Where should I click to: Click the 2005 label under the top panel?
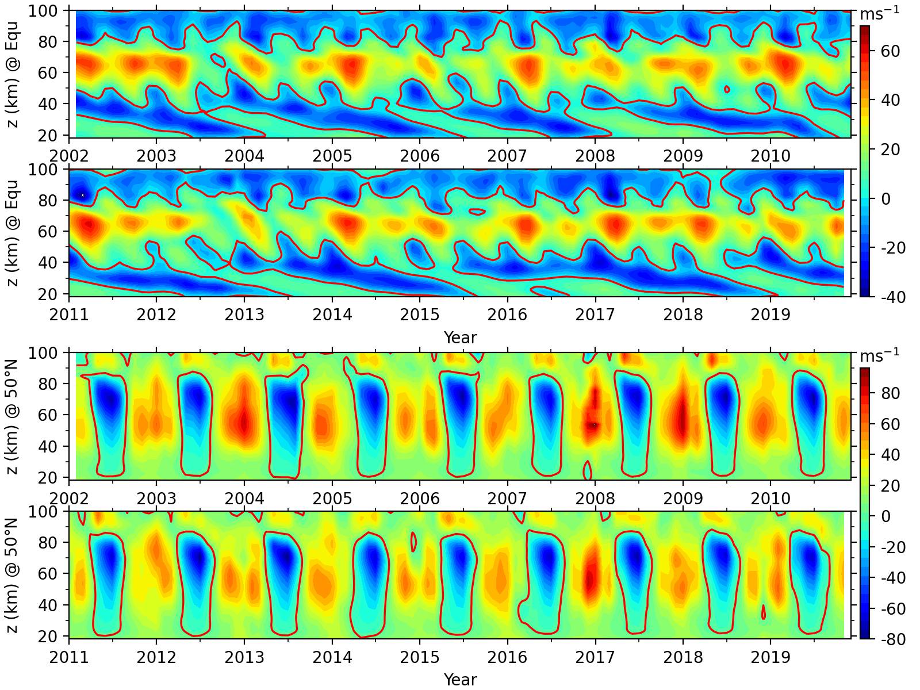point(332,156)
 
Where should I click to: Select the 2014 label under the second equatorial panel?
point(332,315)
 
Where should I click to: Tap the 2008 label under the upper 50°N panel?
point(595,497)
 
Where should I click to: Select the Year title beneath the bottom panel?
point(460,680)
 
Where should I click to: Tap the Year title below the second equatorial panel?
point(460,338)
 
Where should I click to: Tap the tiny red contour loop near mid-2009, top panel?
point(727,89)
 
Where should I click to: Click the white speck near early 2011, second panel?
point(83,195)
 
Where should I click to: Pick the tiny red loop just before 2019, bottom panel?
point(764,612)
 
